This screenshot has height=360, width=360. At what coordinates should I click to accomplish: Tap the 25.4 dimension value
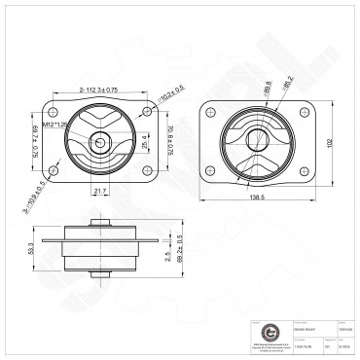click(145, 142)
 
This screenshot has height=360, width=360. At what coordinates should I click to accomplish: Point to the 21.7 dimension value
click(100, 191)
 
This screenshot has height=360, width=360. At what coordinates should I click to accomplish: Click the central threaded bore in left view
click(99, 142)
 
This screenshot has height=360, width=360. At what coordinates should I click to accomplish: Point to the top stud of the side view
click(99, 223)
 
